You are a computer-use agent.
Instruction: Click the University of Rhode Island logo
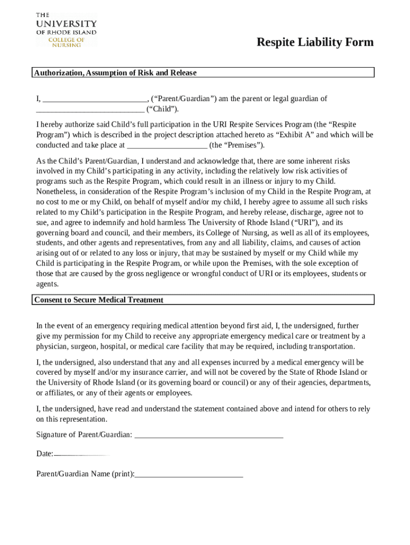coord(66,30)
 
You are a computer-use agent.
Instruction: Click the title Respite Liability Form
coord(315,43)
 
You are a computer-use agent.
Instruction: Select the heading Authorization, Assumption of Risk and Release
coord(116,73)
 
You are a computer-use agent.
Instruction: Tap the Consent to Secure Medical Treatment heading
coord(99,300)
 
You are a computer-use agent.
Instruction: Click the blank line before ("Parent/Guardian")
coord(95,100)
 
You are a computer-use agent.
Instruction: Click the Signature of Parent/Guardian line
coord(209,435)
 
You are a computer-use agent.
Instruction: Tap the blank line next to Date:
coord(81,455)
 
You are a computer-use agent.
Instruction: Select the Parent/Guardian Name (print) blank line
coord(189,474)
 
